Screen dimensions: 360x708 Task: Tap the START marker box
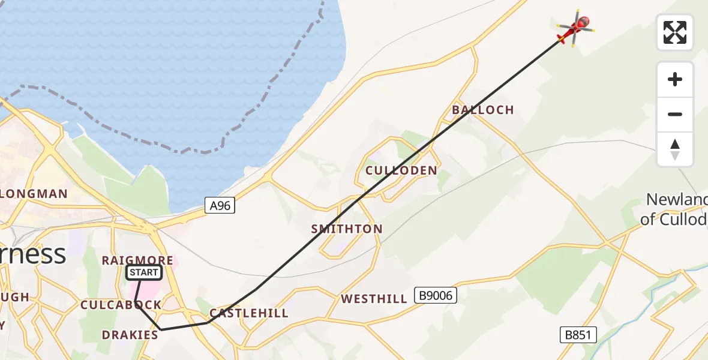(144, 273)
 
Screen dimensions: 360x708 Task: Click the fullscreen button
(675, 32)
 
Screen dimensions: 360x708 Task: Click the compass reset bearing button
(675, 149)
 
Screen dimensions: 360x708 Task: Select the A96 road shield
(220, 206)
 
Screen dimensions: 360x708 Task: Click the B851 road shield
(578, 335)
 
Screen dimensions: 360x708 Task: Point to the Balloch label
(483, 110)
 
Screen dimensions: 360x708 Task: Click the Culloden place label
(401, 171)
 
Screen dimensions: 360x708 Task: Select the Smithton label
(347, 229)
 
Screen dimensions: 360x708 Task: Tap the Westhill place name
(374, 299)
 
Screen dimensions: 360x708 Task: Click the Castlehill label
(248, 313)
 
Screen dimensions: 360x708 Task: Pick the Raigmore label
(137, 260)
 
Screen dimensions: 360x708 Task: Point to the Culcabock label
(121, 305)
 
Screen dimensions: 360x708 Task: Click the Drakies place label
(130, 335)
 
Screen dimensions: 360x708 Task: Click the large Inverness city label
(33, 254)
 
